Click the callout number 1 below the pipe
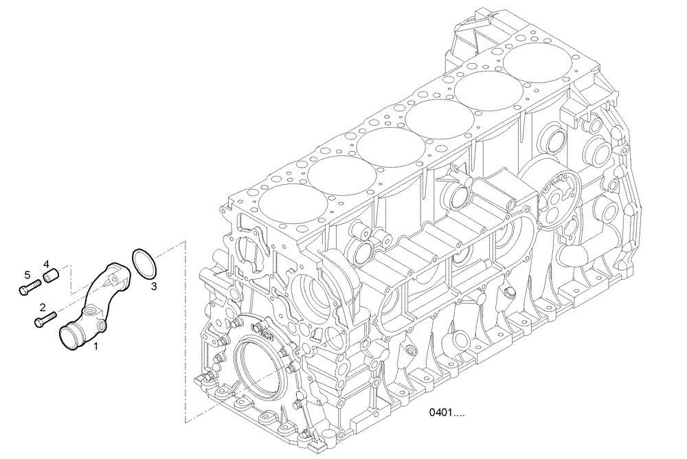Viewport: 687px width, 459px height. [x=95, y=347]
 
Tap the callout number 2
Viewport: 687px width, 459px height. [x=43, y=307]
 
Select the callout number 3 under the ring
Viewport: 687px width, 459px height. [x=154, y=286]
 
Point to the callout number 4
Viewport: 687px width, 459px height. [x=47, y=264]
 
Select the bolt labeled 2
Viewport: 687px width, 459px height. [x=45, y=319]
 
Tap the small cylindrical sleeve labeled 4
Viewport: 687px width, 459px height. [x=50, y=277]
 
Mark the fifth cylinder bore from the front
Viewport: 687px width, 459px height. [x=488, y=91]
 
